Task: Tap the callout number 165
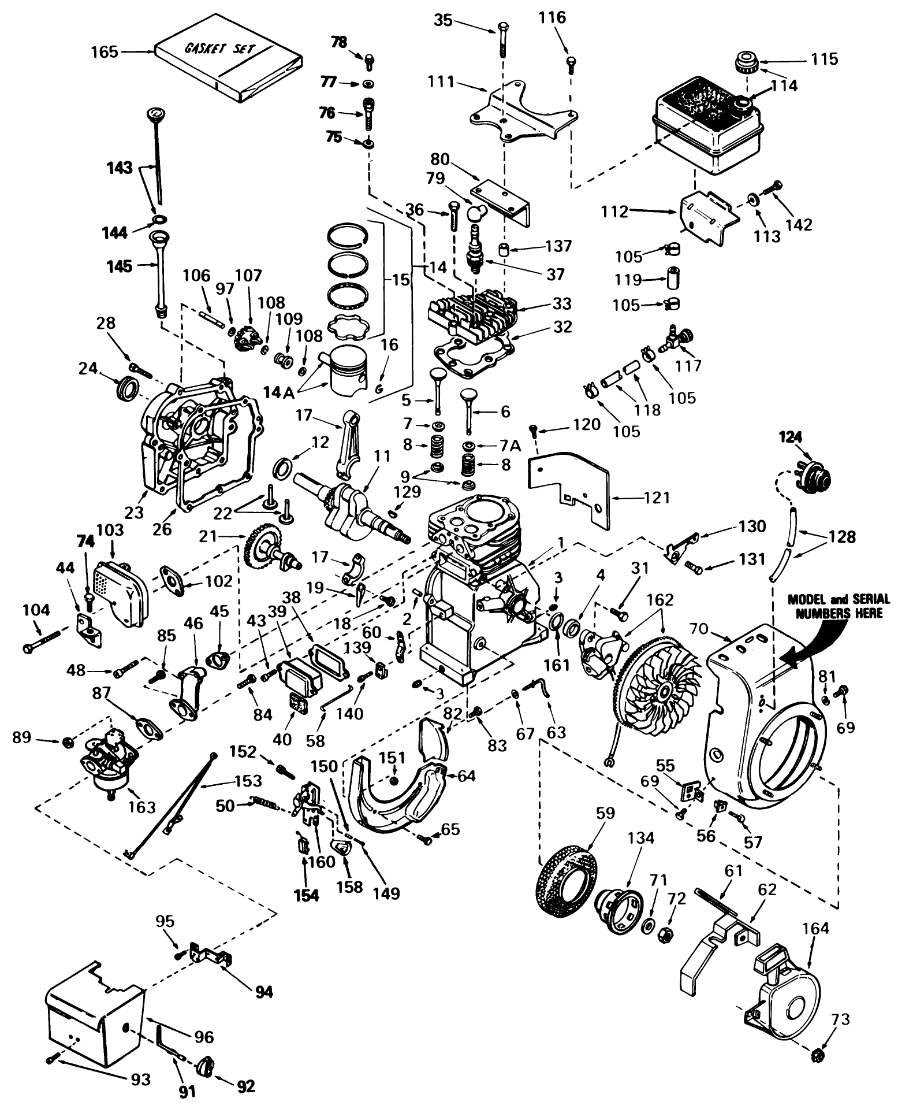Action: (104, 53)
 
